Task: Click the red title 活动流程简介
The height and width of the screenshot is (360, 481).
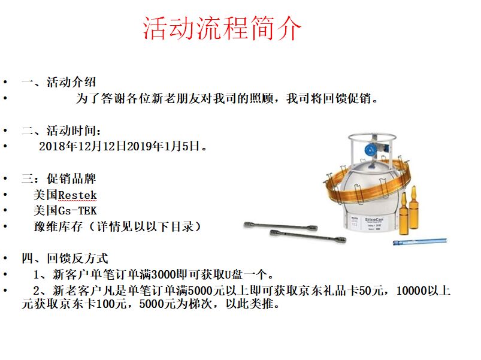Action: (x=222, y=28)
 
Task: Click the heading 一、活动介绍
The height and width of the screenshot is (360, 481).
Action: (x=59, y=82)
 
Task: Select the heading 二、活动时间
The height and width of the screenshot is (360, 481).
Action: (x=61, y=131)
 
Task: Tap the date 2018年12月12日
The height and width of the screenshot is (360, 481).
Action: (x=83, y=146)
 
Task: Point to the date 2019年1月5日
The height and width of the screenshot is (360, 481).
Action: (x=164, y=146)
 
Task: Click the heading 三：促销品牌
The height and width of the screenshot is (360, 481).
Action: (x=59, y=179)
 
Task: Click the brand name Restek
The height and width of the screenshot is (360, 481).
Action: (x=77, y=195)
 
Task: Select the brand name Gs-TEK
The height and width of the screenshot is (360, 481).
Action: (x=77, y=211)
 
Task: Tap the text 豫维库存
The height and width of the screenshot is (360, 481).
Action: (x=58, y=226)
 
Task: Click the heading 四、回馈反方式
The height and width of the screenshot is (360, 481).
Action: (x=65, y=258)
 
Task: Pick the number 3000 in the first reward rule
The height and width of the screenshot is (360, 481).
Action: (x=164, y=274)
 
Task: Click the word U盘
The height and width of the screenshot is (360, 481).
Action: (x=234, y=274)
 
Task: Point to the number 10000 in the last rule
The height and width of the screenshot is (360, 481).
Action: (x=412, y=291)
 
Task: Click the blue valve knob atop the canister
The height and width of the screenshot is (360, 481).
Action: (x=371, y=150)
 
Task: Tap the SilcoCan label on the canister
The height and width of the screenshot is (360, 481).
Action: (x=374, y=220)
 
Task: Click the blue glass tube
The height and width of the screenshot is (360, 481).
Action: (x=420, y=241)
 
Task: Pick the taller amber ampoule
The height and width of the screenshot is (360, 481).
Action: (x=414, y=207)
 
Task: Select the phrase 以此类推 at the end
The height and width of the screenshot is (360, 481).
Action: (x=249, y=304)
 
